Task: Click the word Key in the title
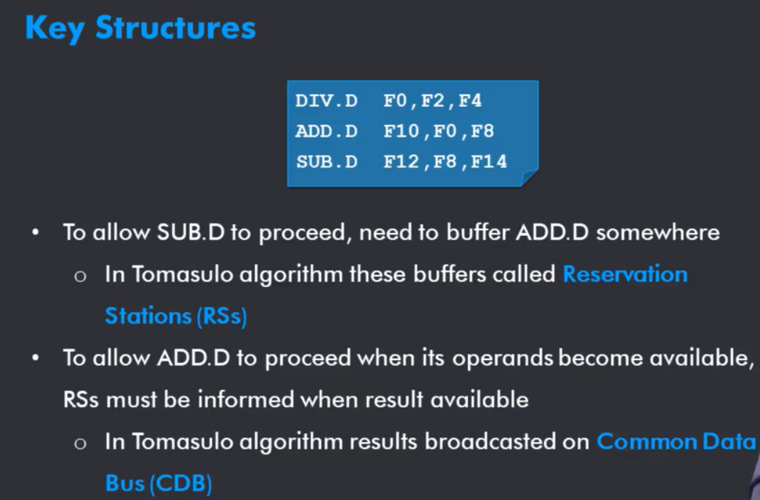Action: [x=55, y=28]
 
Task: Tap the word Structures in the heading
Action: [x=176, y=27]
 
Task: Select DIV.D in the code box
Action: [x=327, y=101]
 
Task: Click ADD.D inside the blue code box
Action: [x=327, y=131]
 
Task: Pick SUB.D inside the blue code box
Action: [x=327, y=162]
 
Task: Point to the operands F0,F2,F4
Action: [x=432, y=101]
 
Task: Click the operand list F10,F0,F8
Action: [x=439, y=131]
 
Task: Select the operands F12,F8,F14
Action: [x=445, y=162]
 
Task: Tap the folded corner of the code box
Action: [x=530, y=177]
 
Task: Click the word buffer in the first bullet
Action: [x=477, y=232]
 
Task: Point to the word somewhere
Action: [x=657, y=233]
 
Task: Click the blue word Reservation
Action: [x=625, y=274]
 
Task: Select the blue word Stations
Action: [x=148, y=316]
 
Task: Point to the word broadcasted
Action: [x=506, y=442]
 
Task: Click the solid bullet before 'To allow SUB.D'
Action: [x=35, y=232]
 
